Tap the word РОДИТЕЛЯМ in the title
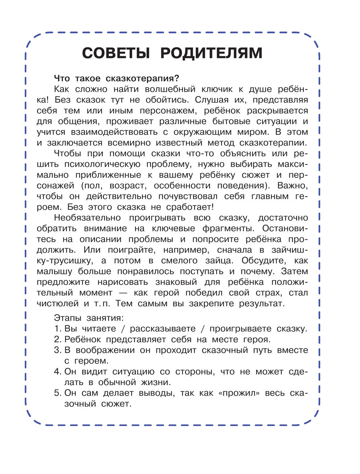(x=211, y=53)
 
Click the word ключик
(x=220, y=89)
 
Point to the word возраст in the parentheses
(x=129, y=186)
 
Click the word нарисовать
(x=122, y=282)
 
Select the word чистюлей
(x=58, y=303)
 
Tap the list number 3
(x=57, y=350)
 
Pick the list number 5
(x=57, y=393)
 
